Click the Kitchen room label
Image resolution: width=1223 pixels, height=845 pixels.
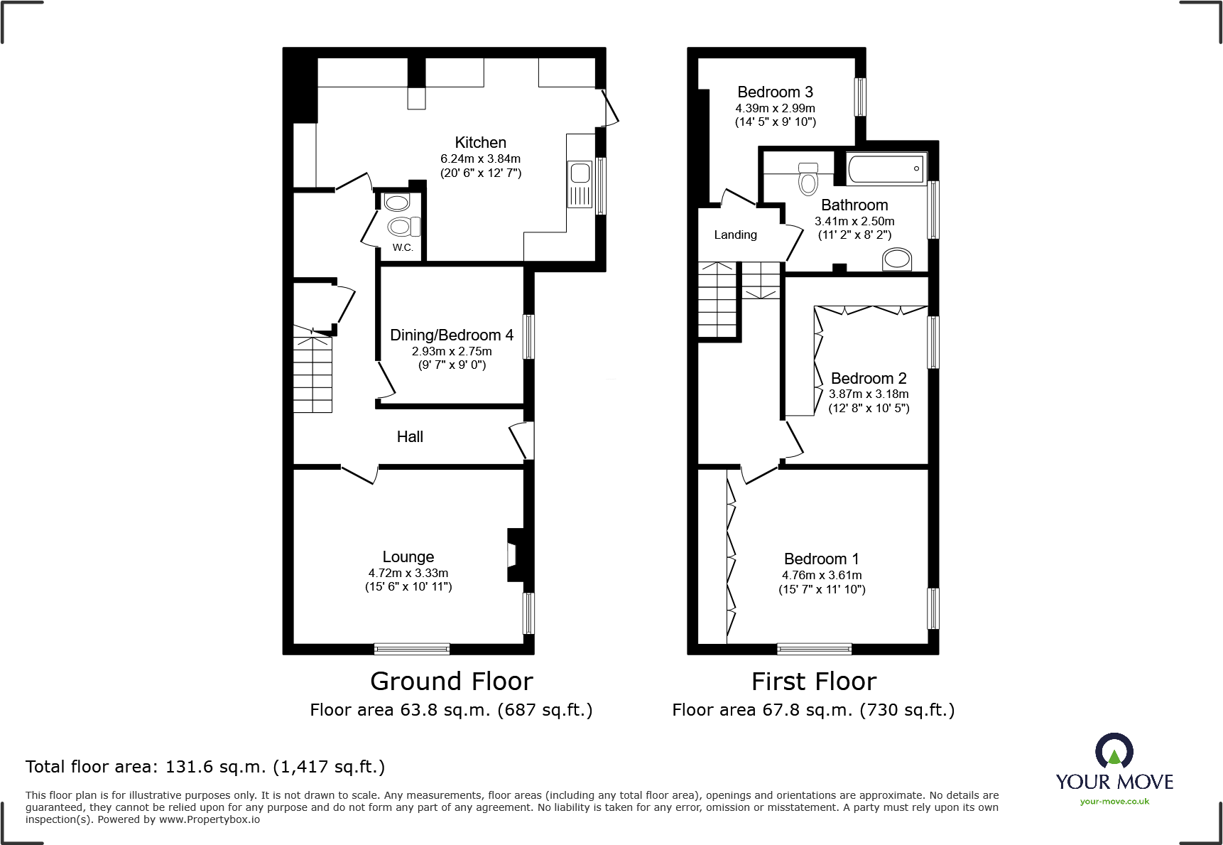coord(480,142)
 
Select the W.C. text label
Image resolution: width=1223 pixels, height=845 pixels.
coord(403,247)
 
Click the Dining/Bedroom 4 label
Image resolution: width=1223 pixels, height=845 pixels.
coord(451,335)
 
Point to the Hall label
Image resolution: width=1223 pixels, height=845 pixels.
coord(410,436)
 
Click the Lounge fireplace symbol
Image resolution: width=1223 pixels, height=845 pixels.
coord(514,555)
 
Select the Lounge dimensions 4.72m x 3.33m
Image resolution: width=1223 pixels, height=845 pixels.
coord(408,573)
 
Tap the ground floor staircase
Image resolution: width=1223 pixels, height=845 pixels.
coord(312,373)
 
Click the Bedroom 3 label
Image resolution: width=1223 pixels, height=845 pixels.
coord(775,92)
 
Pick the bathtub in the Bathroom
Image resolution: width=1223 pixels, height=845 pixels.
coord(886,169)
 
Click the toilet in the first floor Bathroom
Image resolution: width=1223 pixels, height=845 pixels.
coord(808,178)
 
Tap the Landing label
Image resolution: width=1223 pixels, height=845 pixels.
coord(735,235)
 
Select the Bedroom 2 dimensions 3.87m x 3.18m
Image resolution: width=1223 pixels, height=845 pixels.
coord(869,394)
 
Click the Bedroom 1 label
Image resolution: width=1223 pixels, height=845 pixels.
coord(821,559)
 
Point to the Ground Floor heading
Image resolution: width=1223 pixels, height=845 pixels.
coord(451,681)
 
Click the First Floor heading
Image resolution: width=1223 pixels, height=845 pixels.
coord(813,681)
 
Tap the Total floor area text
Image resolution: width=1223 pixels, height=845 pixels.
coord(205,767)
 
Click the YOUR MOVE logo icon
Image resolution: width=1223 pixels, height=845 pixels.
coord(1114,750)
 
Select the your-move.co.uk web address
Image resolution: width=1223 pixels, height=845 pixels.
coord(1114,802)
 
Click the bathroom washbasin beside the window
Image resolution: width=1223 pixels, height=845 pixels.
coord(897,259)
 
